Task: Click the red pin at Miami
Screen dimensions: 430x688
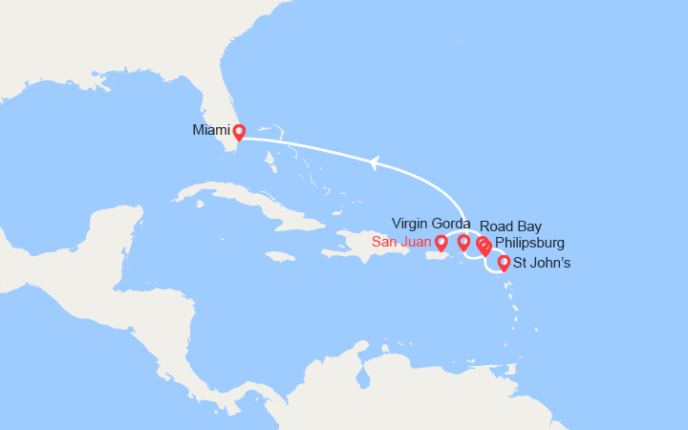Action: tap(239, 132)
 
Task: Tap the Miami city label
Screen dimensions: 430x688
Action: tap(210, 130)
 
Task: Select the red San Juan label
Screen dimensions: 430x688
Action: tap(402, 244)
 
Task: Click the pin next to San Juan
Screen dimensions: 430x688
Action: tap(441, 243)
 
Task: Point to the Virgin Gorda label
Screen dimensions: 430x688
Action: tap(431, 224)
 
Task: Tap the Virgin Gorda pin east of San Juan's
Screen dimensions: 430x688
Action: tap(463, 242)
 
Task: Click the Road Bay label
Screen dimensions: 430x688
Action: tap(510, 226)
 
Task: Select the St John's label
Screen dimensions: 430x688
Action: tap(542, 263)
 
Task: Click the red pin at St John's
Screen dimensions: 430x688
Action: tap(504, 262)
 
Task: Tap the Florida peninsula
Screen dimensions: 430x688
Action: tap(214, 105)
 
